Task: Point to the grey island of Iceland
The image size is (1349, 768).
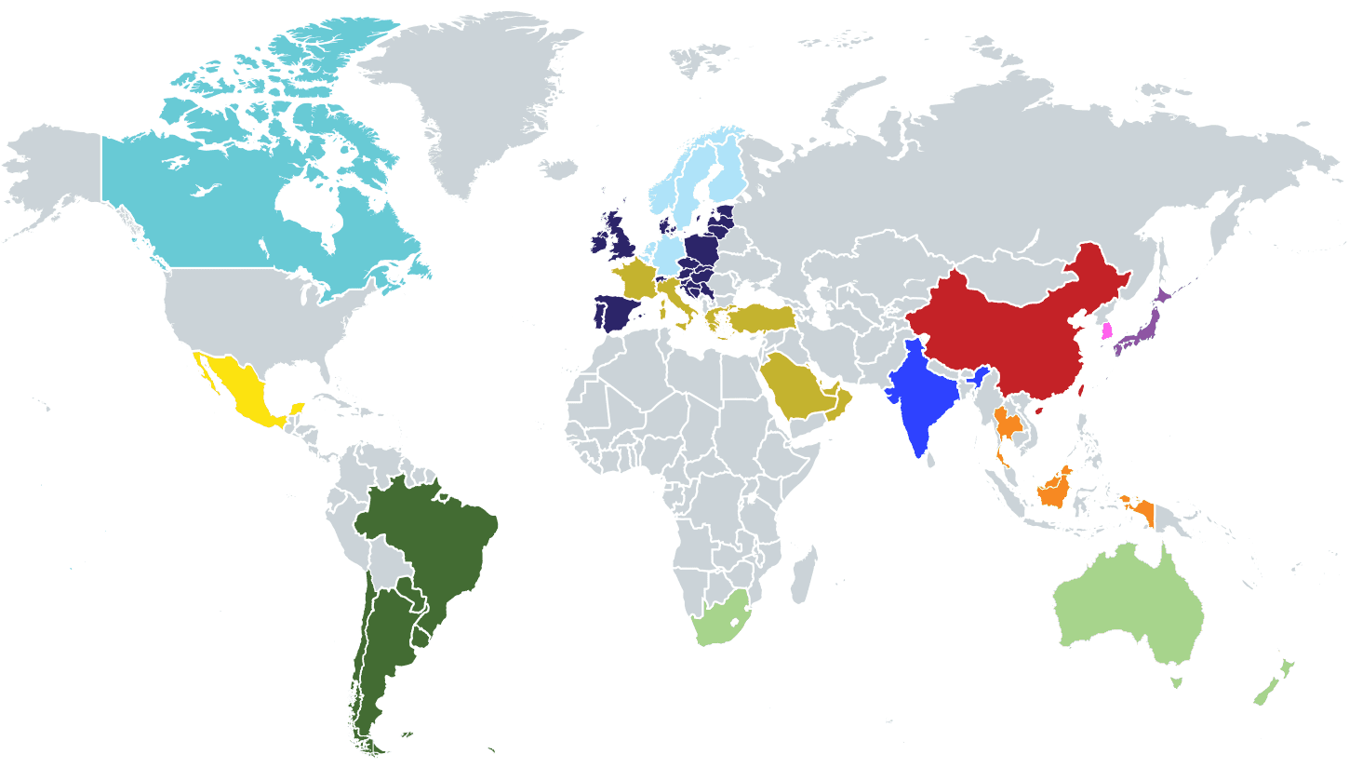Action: pos(559,169)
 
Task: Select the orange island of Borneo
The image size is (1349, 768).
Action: pos(1056,489)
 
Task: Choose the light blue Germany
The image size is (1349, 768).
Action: pos(668,252)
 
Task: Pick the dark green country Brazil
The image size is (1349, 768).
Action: pos(433,540)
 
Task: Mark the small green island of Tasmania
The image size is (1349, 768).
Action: pos(1176,682)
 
